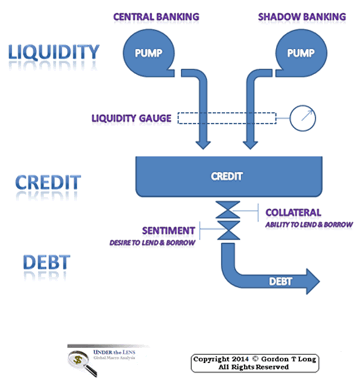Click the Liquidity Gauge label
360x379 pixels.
(131, 118)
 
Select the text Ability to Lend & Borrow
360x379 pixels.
(309, 224)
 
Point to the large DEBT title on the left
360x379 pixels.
(46, 262)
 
